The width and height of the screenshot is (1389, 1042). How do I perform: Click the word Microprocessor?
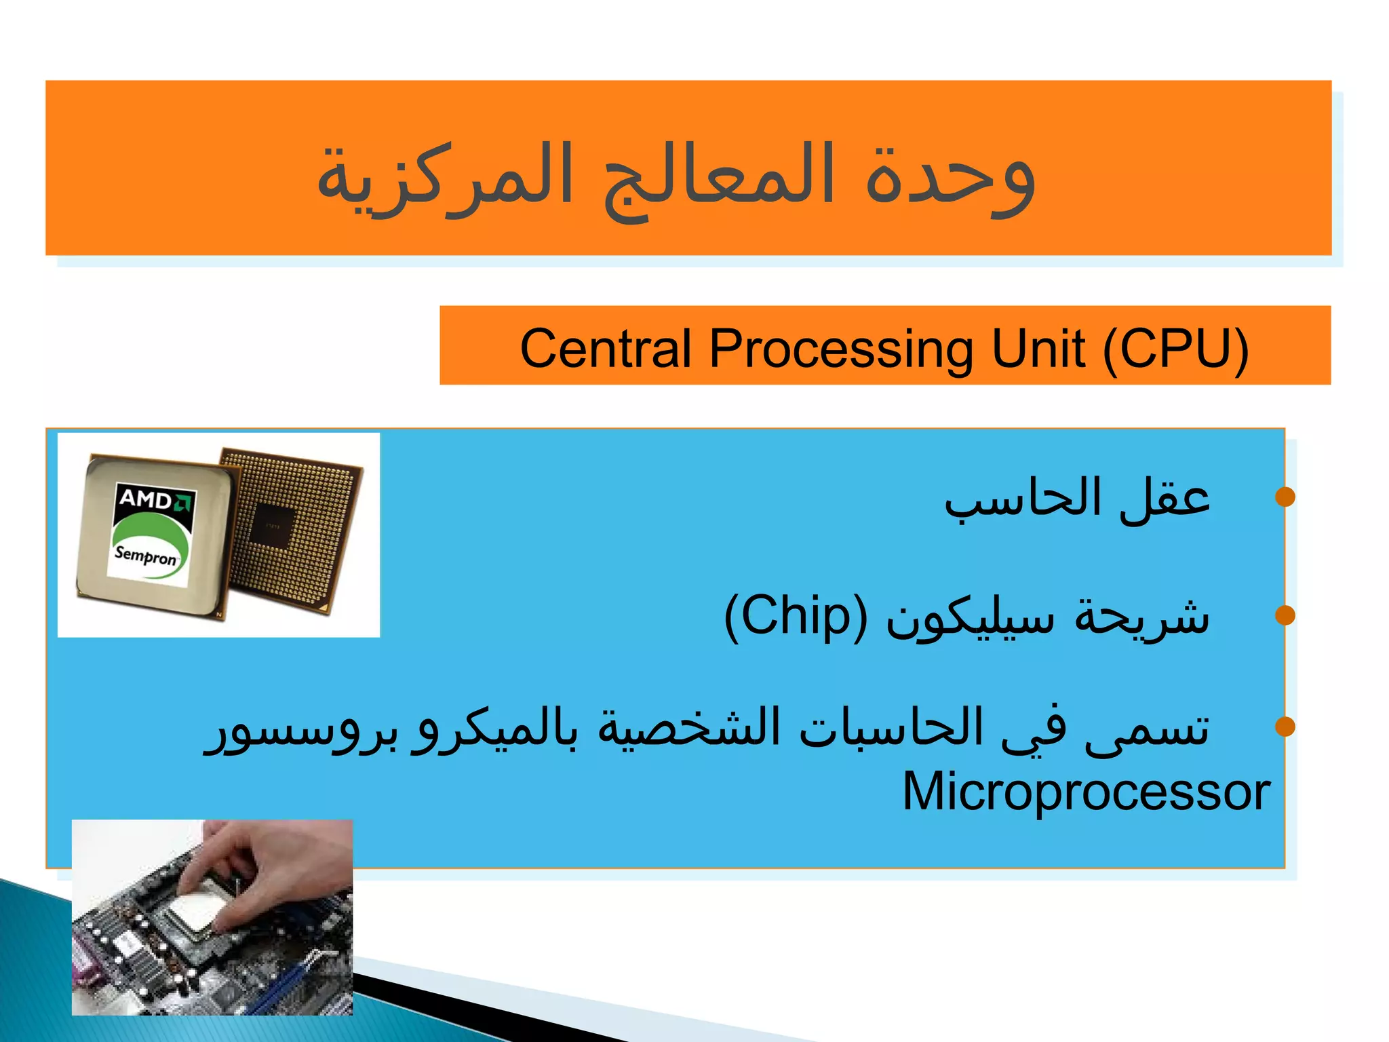point(1086,792)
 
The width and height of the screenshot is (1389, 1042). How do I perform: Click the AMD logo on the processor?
point(155,500)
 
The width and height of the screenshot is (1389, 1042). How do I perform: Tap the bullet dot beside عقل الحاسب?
point(1285,497)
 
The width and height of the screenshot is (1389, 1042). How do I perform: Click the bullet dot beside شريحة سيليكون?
point(1285,615)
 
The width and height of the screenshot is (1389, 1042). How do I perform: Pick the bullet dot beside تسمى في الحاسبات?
point(1285,727)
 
